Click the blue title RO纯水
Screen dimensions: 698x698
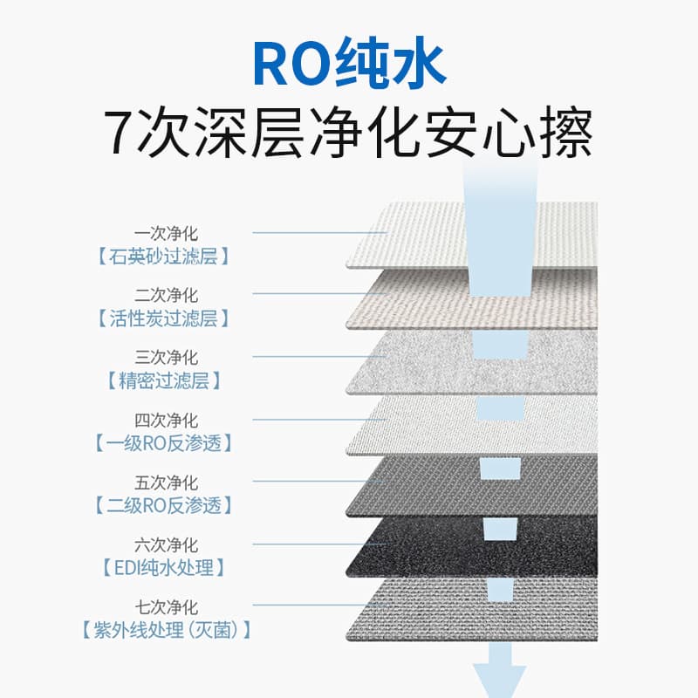point(350,63)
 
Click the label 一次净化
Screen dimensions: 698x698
point(166,233)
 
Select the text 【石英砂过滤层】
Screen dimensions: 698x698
point(163,257)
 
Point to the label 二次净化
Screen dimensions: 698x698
point(166,295)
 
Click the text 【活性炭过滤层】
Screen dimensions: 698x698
point(163,318)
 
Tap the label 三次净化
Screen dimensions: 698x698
point(166,357)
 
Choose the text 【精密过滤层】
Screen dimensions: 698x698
point(163,380)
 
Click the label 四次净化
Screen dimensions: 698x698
point(166,420)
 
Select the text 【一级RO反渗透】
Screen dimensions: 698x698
point(163,443)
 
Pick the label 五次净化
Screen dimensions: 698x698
point(166,482)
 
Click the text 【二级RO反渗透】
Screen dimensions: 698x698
point(163,505)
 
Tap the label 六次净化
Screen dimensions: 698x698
point(166,544)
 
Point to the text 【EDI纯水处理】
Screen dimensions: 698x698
point(163,568)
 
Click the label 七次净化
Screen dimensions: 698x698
point(166,606)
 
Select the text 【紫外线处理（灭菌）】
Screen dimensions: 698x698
point(166,630)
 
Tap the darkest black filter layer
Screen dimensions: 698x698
point(472,548)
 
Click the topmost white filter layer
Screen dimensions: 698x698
point(472,235)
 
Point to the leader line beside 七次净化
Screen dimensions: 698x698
point(319,606)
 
